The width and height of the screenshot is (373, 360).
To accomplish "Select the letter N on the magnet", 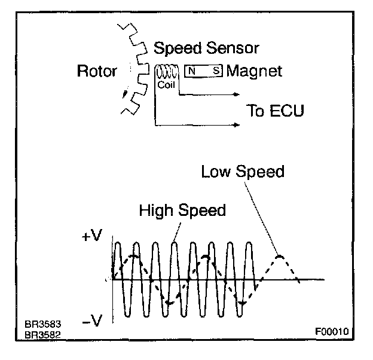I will click(x=192, y=71).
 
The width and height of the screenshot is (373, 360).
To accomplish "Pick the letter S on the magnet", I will click(x=216, y=71).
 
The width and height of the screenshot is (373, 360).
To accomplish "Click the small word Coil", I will click(x=166, y=85).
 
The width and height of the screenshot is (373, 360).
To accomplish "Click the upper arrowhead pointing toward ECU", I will click(x=237, y=94).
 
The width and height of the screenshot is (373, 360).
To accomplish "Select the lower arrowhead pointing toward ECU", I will click(x=237, y=125).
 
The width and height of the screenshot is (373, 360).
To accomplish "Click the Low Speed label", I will click(x=243, y=172).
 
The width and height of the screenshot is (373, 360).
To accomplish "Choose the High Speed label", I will click(x=182, y=210).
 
